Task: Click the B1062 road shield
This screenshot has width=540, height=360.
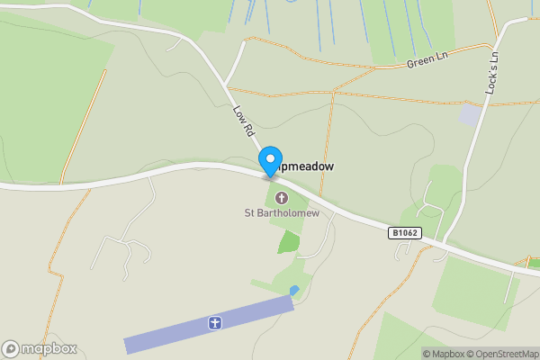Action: pyautogui.click(x=405, y=233)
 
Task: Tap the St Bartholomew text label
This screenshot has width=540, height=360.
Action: pyautogui.click(x=280, y=213)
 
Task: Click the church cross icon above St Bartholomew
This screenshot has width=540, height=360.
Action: pyautogui.click(x=280, y=198)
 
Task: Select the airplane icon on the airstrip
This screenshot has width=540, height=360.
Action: pyautogui.click(x=214, y=322)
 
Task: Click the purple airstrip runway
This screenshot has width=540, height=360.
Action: pyautogui.click(x=162, y=335)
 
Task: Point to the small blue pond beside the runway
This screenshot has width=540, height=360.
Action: pyautogui.click(x=294, y=290)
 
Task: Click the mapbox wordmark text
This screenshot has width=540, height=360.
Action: pyautogui.click(x=49, y=348)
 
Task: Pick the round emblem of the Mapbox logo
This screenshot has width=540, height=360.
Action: pyautogui.click(x=11, y=348)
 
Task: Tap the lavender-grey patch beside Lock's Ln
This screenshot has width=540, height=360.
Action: pyautogui.click(x=470, y=115)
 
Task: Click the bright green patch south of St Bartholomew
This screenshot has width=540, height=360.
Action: pyautogui.click(x=288, y=241)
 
